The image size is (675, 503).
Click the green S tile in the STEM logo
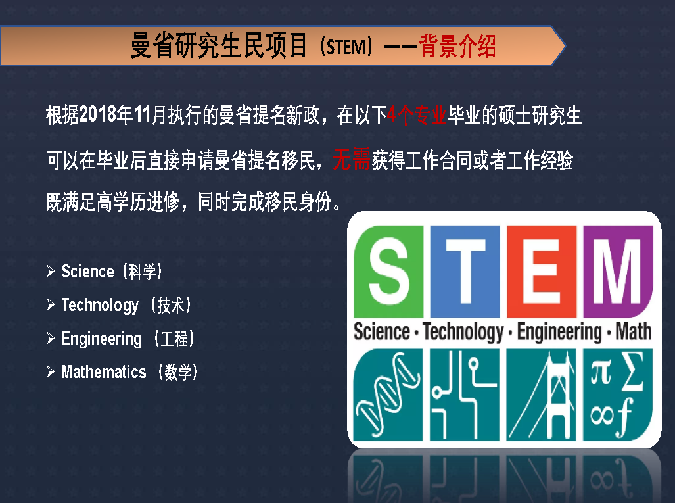point(388,272)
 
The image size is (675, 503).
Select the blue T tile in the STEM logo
point(465,272)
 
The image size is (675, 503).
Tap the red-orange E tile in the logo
point(542,272)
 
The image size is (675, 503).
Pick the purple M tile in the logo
point(618,272)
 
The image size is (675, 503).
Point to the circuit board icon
point(465,395)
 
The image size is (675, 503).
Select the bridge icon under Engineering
point(542,395)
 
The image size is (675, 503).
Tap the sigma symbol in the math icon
point(633,371)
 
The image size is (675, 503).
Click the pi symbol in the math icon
point(601,373)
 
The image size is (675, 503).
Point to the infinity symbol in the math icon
point(602,416)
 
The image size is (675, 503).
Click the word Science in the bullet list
point(88,272)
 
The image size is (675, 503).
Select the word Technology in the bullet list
point(100,305)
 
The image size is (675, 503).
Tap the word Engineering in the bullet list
point(102,339)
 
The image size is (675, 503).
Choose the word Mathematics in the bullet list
point(104,371)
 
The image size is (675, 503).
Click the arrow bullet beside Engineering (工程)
point(51,339)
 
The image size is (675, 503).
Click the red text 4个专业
point(417,115)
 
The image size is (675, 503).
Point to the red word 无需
point(351,159)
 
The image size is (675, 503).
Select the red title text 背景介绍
point(457,46)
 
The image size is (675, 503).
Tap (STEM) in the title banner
point(346,47)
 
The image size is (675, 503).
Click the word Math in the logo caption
point(633,331)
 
